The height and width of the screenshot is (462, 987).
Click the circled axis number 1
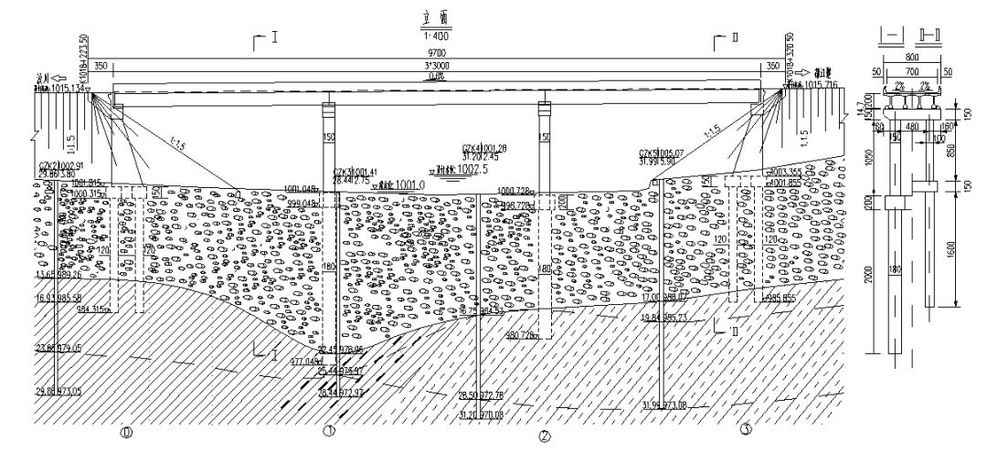pyautogui.click(x=327, y=431)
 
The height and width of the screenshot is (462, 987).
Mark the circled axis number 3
pyautogui.click(x=746, y=428)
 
